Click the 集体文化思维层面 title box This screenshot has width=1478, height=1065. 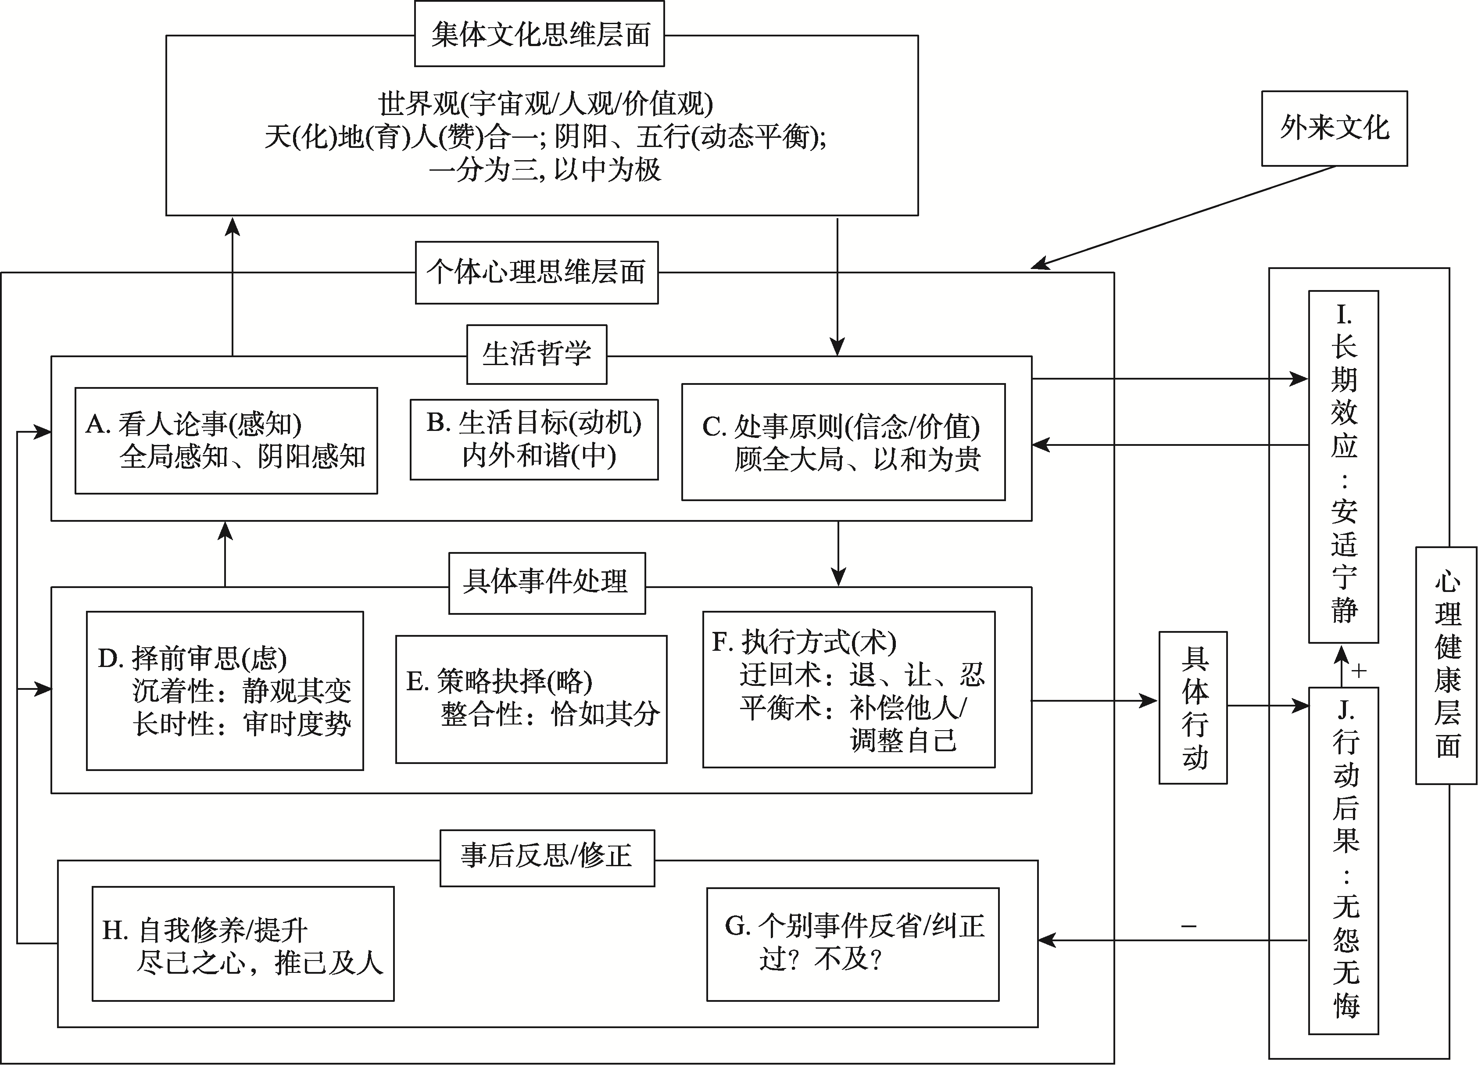(540, 34)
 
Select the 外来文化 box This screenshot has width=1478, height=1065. (1334, 129)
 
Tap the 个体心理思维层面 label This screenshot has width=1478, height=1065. (537, 273)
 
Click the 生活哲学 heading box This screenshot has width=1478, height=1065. (537, 355)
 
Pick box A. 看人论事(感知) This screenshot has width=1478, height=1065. (226, 441)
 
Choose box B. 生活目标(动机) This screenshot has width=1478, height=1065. (534, 439)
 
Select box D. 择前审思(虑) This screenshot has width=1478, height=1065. (225, 690)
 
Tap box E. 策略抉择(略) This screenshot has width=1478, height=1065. (531, 699)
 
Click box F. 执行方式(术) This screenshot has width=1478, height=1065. (848, 689)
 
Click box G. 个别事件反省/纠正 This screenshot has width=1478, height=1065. (852, 943)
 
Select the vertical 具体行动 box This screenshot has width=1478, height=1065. (1192, 707)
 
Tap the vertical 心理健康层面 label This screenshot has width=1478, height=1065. (1446, 664)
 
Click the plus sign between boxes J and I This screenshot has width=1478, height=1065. (1359, 671)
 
